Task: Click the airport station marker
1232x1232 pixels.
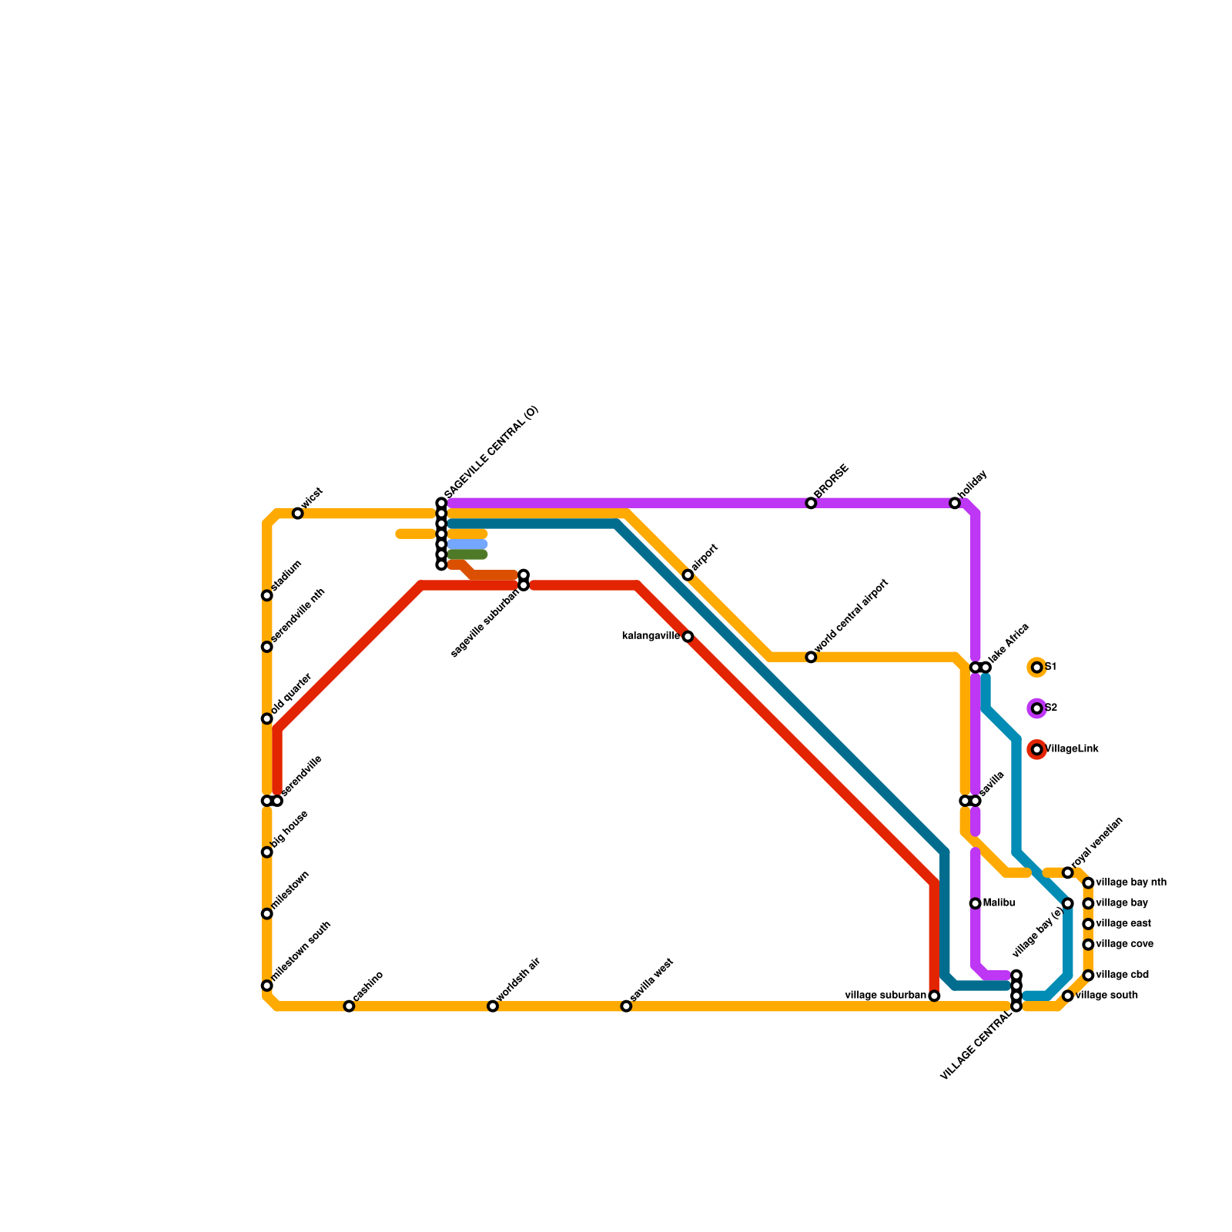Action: coord(688,575)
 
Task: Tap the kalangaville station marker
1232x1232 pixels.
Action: coord(688,637)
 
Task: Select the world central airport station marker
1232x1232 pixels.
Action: coord(811,657)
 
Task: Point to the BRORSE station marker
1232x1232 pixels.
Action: coord(811,503)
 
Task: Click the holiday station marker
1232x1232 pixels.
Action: coord(955,503)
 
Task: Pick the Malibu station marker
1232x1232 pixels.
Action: coord(976,903)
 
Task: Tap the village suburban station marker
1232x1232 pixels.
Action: coord(934,996)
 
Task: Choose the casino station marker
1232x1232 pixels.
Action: coord(349,1006)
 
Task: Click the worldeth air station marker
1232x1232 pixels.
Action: coord(493,1006)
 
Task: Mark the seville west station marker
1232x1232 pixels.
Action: coord(626,1006)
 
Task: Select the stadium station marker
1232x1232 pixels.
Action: coord(267,595)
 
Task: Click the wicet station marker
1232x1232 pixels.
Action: coord(298,514)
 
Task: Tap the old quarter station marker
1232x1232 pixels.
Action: coord(267,718)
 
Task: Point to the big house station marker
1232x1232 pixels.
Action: coord(267,852)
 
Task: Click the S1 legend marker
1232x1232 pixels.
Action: coord(1037,668)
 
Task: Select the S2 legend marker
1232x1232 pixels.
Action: coord(1037,708)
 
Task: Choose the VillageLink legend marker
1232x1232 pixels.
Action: coord(1037,749)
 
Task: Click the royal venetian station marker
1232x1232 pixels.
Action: coord(1068,872)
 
